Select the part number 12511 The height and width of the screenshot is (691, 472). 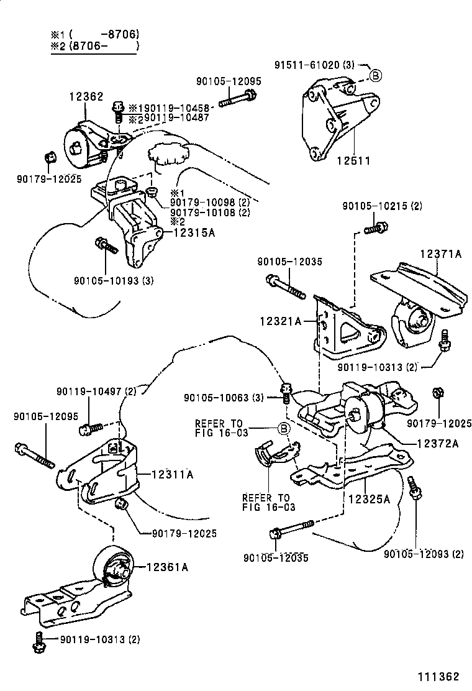[x=353, y=160]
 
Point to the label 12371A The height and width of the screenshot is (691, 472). [x=440, y=254]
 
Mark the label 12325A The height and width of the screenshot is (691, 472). [x=368, y=498]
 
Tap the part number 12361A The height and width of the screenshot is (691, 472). [x=167, y=567]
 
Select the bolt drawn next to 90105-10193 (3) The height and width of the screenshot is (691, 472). [x=106, y=246]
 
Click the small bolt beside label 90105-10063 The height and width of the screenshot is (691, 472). [x=286, y=392]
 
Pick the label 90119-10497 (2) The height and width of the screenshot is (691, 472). [x=96, y=391]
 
